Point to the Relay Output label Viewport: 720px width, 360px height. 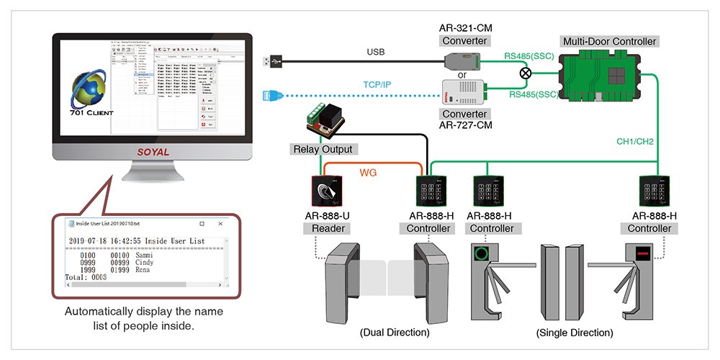[x=322, y=150]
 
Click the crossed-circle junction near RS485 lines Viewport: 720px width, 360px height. [x=526, y=73]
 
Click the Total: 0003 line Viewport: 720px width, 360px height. [x=86, y=276]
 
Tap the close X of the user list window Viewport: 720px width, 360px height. [x=220, y=225]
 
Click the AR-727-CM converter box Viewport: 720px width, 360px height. [x=464, y=93]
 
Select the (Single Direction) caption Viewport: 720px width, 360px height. [x=575, y=333]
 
